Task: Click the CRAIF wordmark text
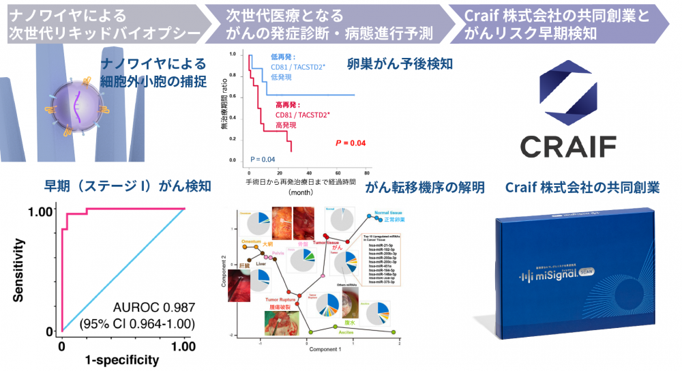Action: point(567,145)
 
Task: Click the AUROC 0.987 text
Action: point(145,308)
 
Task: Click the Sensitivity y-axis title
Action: point(18,269)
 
